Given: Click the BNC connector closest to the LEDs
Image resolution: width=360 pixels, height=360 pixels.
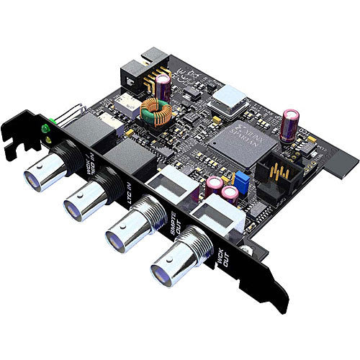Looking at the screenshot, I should click(40, 174).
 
